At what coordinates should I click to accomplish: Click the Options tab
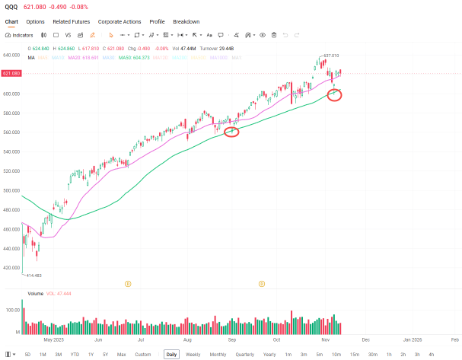[35, 21]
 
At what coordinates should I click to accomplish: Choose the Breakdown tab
[186, 21]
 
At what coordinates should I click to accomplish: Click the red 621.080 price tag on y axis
[11, 73]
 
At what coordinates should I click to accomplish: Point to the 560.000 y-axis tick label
[10, 132]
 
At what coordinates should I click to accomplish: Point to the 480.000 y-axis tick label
[10, 210]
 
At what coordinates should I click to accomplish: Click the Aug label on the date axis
[187, 341]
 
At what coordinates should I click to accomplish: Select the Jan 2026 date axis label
[412, 341]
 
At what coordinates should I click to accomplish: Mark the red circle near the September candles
[232, 132]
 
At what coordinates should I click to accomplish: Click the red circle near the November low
[334, 94]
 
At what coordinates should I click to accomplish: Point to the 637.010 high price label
[331, 56]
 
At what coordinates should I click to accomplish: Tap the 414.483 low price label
[33, 275]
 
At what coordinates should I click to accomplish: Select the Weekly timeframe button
[193, 355]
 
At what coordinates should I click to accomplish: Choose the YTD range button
[75, 355]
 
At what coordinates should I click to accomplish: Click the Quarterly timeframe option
[244, 355]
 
